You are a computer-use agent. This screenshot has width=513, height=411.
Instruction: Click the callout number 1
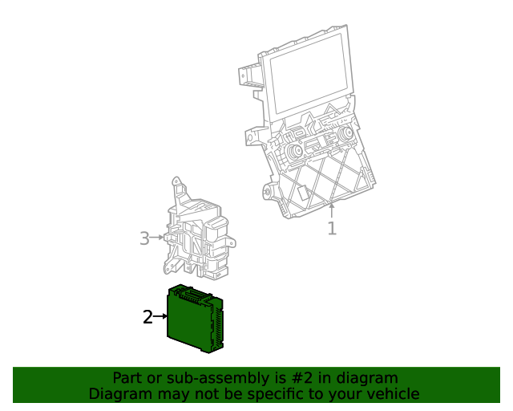[x=332, y=229]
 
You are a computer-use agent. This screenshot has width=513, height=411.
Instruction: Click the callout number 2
[x=147, y=317]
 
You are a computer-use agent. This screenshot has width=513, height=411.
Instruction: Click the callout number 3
[x=144, y=238]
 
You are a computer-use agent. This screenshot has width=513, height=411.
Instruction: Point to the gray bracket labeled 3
[x=196, y=233]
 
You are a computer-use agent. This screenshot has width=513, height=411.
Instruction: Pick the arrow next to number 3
[x=158, y=238]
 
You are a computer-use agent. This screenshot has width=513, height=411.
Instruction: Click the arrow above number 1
[x=332, y=211]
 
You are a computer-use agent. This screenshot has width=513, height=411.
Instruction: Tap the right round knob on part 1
[x=346, y=134]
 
